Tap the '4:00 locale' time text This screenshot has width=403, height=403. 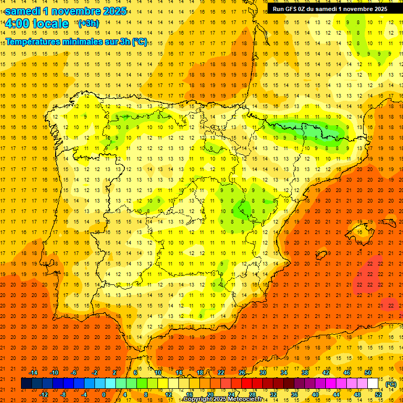37,24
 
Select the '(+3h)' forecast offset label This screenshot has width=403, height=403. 88,23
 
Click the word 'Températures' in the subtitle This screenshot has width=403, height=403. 32,42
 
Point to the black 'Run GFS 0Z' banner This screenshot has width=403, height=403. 330,8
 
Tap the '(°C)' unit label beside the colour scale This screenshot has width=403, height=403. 390,384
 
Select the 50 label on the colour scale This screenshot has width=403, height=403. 367,373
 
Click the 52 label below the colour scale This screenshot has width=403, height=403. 378,394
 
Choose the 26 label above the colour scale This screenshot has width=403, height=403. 241,373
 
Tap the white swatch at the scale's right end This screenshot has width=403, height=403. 373,384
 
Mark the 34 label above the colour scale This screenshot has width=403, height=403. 283,373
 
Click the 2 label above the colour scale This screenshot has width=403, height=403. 115,373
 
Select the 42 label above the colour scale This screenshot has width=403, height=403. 325,373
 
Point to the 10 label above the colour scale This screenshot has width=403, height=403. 157,373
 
